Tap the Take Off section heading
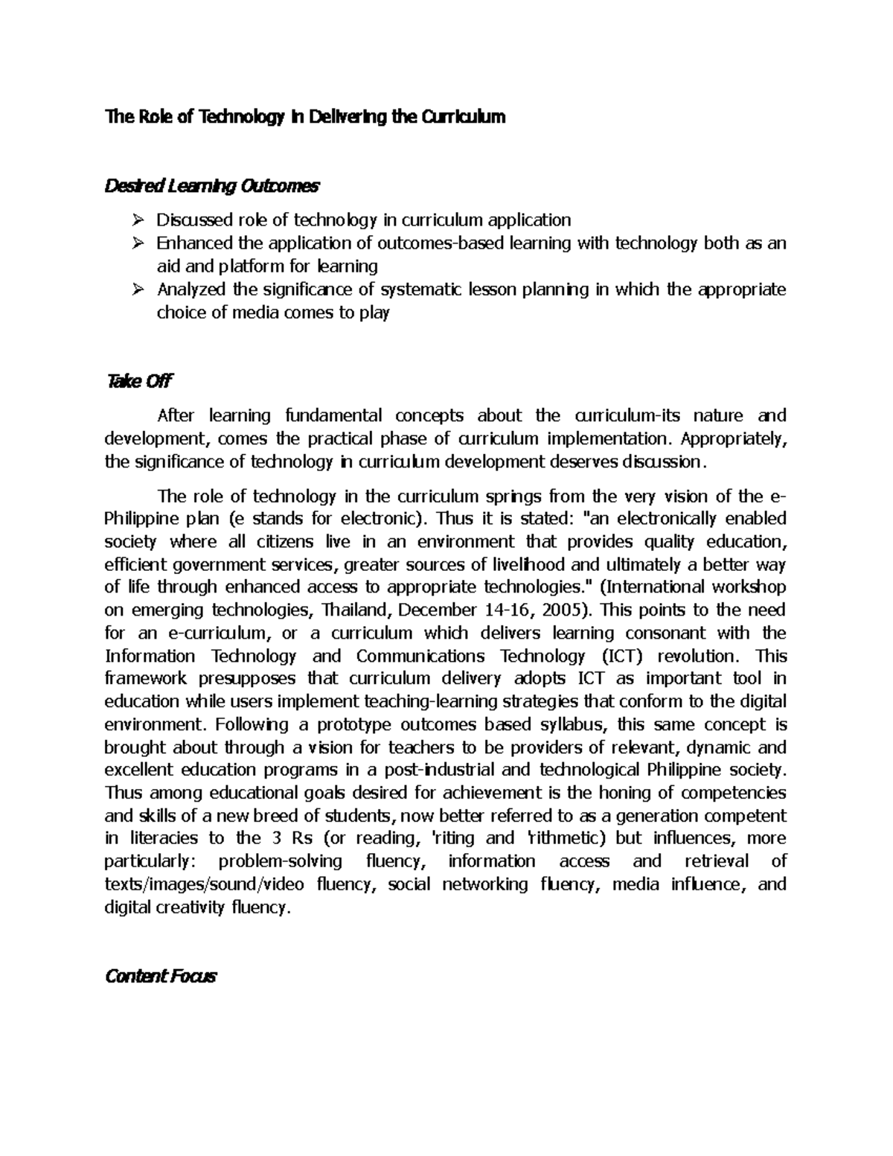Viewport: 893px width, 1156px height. coord(139,381)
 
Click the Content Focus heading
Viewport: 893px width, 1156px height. coord(160,976)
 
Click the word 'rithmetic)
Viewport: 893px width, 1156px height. coord(567,838)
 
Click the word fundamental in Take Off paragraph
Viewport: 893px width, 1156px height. coord(323,415)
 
